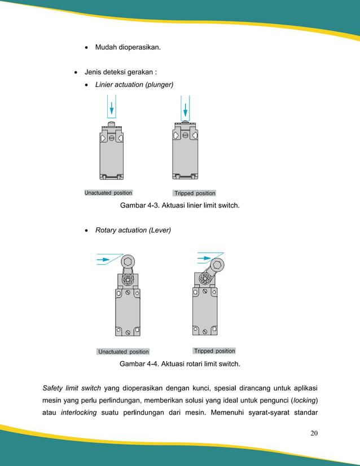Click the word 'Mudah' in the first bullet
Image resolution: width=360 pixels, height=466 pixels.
106,47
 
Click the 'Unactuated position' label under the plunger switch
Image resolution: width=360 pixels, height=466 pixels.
108,193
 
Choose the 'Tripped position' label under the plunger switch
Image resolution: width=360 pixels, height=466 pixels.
195,194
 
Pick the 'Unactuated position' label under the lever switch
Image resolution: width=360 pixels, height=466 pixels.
124,351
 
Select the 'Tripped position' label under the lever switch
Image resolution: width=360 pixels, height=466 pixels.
214,351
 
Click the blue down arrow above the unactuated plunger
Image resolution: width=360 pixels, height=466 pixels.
112,107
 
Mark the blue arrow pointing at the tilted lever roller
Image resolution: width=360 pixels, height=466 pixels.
203,260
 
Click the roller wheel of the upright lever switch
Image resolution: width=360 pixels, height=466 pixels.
128,262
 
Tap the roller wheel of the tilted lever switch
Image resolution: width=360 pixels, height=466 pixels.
217,265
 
